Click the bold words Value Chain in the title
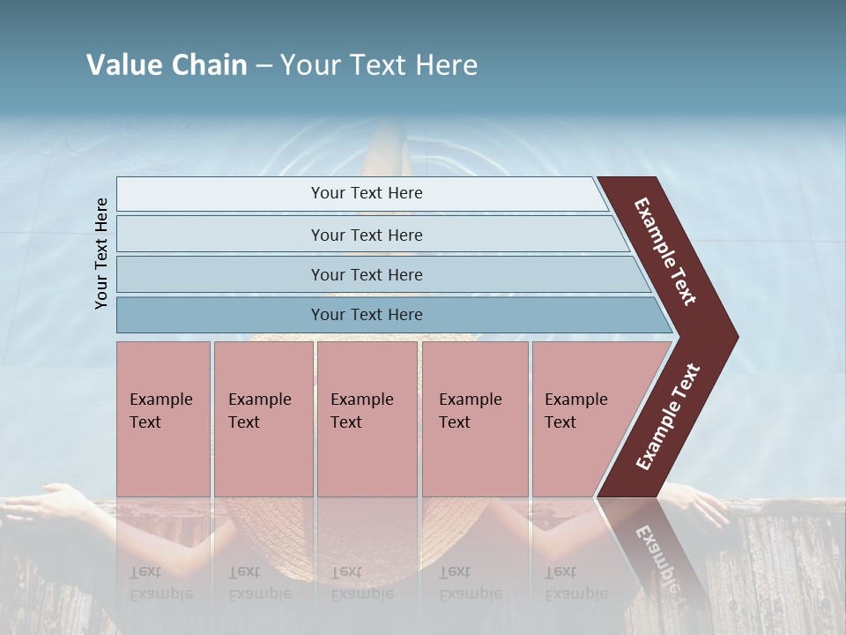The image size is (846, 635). (167, 65)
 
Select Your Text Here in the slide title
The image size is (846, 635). (379, 65)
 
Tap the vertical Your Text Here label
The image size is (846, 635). (101, 253)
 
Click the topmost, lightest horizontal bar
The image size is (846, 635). (361, 194)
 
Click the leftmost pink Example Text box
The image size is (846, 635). (163, 418)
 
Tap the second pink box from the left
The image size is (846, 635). (263, 418)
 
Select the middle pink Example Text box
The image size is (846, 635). (367, 418)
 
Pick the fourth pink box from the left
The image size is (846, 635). (475, 418)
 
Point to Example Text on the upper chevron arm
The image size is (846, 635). (666, 252)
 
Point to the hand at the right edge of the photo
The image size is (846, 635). (701, 504)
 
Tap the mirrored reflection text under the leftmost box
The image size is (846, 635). (160, 583)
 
